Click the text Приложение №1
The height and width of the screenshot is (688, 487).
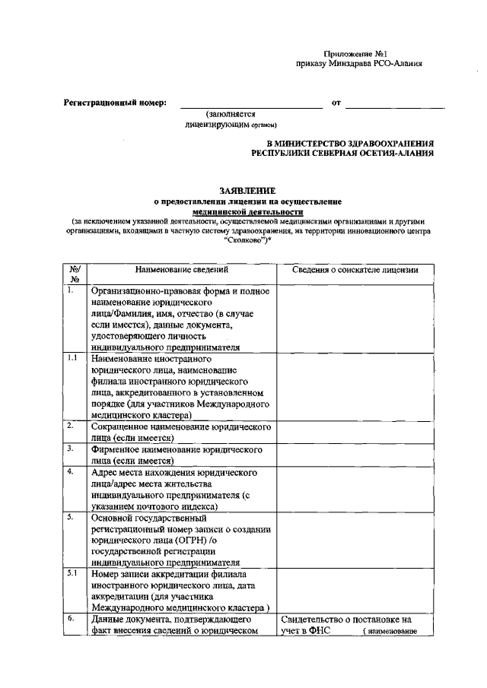[357, 54]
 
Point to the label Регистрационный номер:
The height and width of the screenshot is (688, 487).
[114, 103]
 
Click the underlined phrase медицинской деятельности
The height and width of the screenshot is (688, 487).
[247, 212]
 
